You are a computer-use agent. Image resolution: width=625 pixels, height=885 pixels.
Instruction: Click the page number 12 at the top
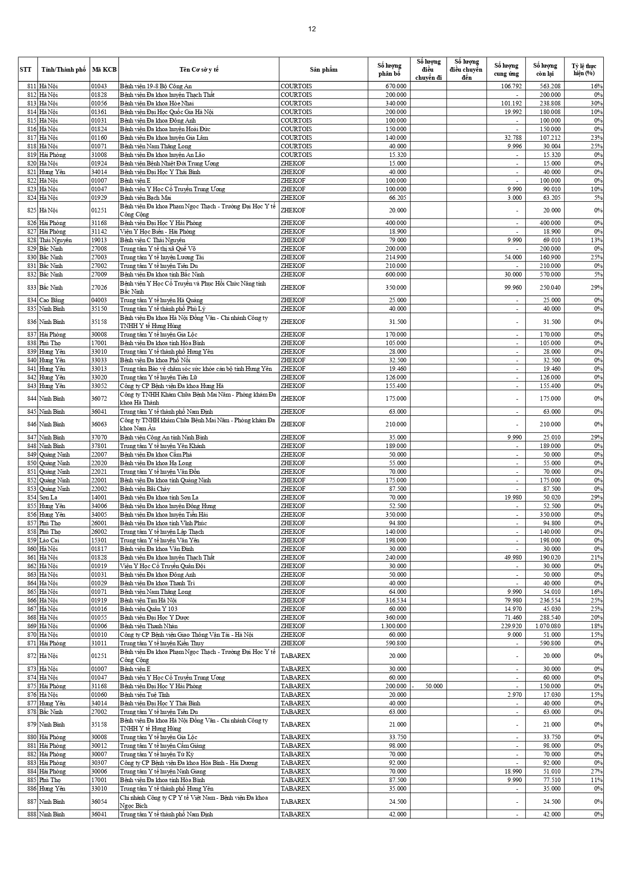[x=312, y=29]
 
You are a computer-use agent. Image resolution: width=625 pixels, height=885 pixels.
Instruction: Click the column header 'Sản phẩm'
[x=324, y=70]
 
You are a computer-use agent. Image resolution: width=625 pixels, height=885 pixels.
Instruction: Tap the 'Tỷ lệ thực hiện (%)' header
[x=584, y=70]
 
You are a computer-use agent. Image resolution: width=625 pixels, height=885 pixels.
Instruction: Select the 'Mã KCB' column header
[x=104, y=70]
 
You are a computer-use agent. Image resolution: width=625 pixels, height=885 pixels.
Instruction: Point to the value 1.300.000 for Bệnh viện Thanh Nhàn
[x=392, y=626]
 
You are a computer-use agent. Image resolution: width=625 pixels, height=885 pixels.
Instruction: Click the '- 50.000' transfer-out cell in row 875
[x=428, y=686]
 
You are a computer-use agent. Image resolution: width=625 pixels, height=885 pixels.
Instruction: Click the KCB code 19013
[x=99, y=240]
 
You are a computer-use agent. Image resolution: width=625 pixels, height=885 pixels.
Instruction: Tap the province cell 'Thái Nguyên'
[x=55, y=240]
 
